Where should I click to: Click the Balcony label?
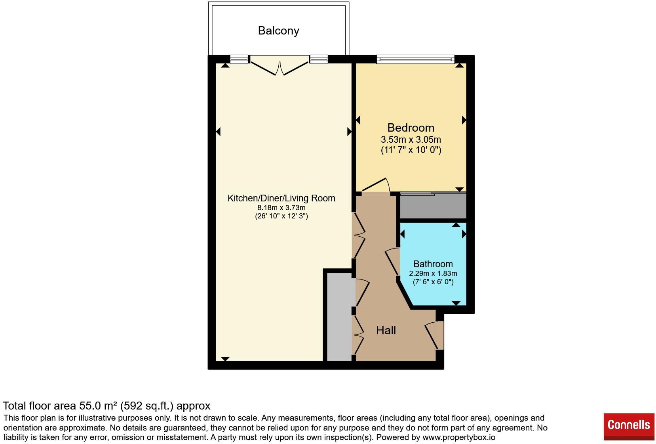(278, 31)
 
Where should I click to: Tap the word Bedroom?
(411, 128)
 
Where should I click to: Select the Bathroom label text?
(433, 264)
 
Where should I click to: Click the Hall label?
(386, 330)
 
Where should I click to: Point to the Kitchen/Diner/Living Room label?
(281, 198)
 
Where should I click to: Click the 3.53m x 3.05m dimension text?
(411, 140)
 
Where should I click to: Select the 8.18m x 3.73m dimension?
(281, 208)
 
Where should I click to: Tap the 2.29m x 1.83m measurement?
(433, 273)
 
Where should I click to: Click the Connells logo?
(629, 427)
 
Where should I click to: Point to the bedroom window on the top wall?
(415, 59)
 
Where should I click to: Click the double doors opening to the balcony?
(280, 66)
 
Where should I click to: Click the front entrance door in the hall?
(434, 335)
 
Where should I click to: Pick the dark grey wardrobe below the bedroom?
(433, 206)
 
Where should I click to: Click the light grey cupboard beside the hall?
(339, 317)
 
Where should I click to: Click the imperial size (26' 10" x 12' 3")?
(281, 216)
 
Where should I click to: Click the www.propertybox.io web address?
(459, 437)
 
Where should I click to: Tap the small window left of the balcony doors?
(239, 59)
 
